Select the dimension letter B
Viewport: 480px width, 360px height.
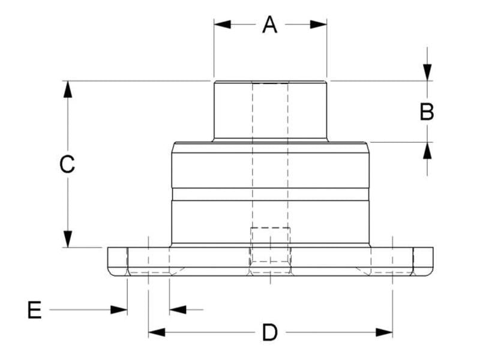click(427, 112)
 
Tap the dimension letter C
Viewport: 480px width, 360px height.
click(67, 164)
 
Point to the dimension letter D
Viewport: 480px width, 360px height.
click(270, 332)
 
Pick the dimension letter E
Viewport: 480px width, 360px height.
click(35, 310)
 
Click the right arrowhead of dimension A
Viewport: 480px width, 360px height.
click(319, 25)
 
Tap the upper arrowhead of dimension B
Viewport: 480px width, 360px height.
click(427, 72)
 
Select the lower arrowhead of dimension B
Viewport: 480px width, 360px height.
click(427, 151)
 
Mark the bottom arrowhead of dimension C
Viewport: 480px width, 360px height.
click(68, 239)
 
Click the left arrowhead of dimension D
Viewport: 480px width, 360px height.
click(157, 332)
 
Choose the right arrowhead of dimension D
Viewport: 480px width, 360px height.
click(385, 332)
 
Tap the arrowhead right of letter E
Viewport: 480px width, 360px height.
click(119, 310)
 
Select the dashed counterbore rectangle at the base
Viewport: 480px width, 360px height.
click(270, 245)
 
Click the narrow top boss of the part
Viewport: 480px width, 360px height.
click(270, 110)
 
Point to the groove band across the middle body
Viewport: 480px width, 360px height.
click(270, 194)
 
